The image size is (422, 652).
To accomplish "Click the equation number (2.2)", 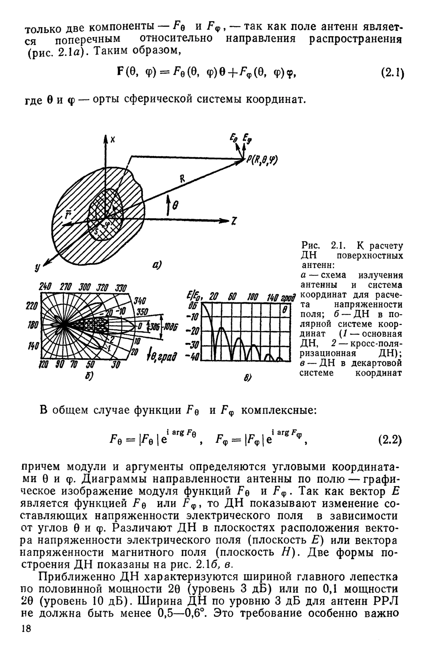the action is pos(390,440).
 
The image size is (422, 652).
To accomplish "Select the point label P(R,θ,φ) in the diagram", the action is pos(262,160).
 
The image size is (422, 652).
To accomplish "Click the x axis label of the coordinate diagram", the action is pos(113,140).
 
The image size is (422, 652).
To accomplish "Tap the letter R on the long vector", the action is pos(183,180).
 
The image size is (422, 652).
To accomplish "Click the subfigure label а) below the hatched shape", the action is pos(156,265).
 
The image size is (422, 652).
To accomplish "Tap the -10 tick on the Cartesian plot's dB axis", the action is pos(194,319).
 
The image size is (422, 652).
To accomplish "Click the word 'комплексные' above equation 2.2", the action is pos(279,410).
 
